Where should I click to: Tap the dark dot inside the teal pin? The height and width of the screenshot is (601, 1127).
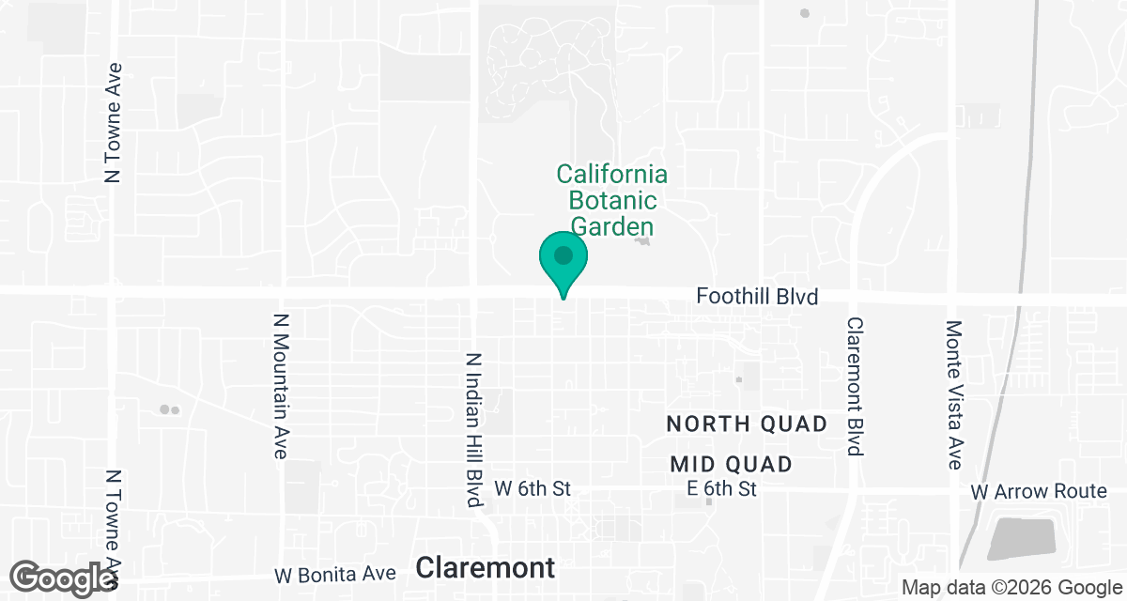(563, 254)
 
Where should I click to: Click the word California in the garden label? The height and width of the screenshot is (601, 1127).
(611, 175)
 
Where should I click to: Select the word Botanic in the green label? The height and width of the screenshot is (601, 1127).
(612, 201)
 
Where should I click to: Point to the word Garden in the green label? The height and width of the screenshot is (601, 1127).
(612, 226)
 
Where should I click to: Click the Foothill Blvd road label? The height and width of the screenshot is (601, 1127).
(757, 297)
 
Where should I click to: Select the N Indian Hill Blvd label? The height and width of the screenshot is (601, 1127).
(474, 430)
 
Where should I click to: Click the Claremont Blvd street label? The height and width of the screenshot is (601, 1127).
(855, 386)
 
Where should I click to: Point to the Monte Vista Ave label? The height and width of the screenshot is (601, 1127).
(954, 394)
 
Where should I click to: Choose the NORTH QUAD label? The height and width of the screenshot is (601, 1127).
(747, 424)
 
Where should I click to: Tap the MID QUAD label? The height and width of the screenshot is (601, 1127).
(732, 464)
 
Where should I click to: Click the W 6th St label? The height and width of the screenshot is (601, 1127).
(533, 488)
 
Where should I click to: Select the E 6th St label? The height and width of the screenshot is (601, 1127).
(721, 488)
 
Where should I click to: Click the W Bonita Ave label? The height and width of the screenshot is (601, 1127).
(335, 574)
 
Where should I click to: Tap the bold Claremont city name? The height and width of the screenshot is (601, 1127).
(485, 567)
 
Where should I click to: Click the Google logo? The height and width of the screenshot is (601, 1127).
(63, 577)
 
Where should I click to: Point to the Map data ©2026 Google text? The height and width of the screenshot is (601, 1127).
(1009, 587)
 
